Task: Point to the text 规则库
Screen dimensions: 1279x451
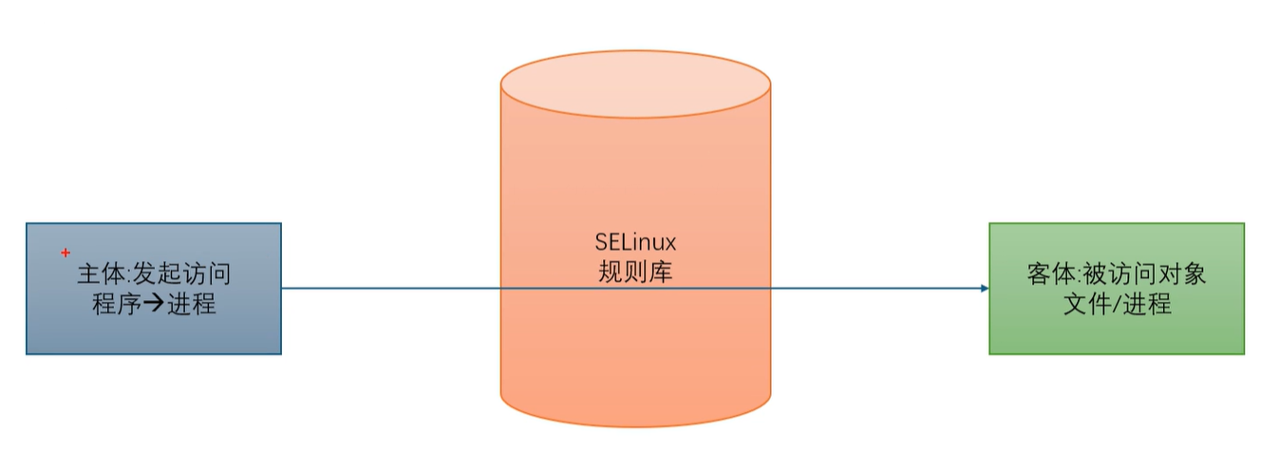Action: point(635,272)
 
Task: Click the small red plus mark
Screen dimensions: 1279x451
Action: point(66,253)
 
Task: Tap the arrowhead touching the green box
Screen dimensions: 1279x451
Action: point(984,289)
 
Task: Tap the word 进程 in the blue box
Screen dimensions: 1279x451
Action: point(190,305)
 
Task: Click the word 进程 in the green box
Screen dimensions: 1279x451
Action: point(1147,304)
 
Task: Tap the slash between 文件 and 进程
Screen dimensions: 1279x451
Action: point(1113,304)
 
